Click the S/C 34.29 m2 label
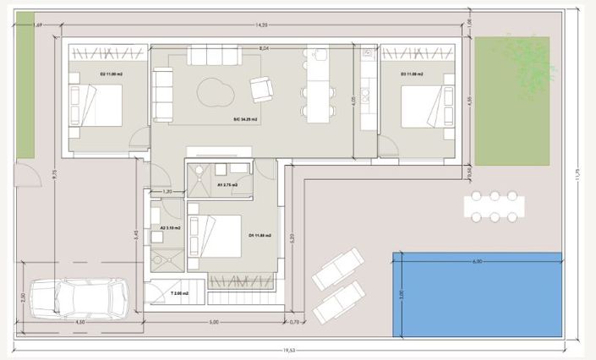(245, 120)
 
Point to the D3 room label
(412, 75)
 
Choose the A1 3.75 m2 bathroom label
(227, 184)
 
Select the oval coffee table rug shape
(216, 89)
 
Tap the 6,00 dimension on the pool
(477, 262)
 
